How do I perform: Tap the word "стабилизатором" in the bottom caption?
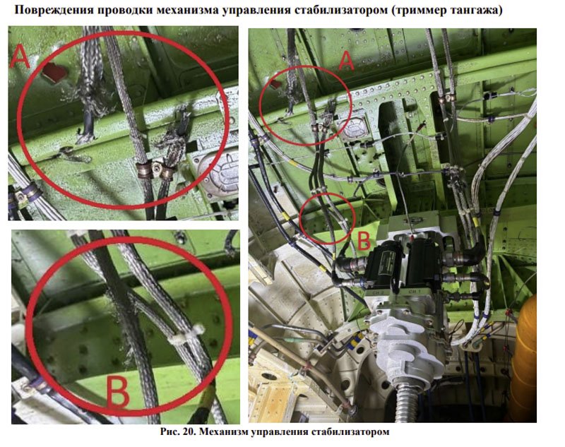350,432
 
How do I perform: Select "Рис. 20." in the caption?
179,431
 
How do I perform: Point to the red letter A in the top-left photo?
20,58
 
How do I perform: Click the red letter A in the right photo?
346,60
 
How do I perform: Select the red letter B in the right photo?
363,240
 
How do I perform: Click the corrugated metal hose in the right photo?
407,403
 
